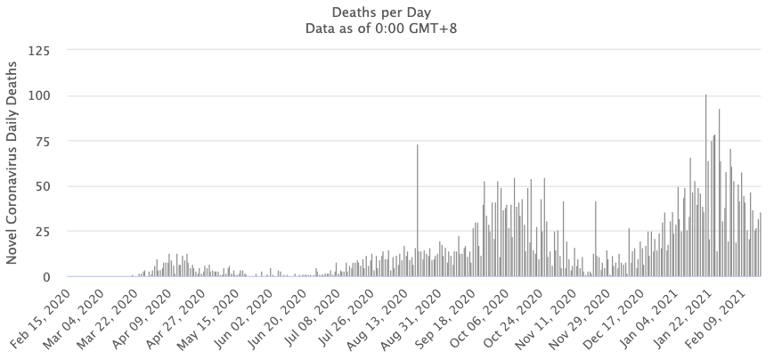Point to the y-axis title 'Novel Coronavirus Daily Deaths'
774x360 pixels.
click(12, 162)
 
